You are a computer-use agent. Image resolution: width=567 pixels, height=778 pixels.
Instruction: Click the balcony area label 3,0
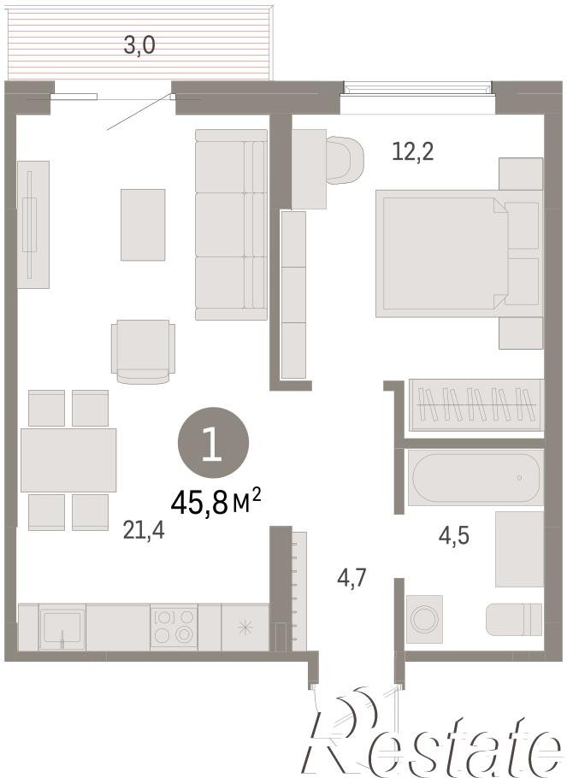click(x=139, y=45)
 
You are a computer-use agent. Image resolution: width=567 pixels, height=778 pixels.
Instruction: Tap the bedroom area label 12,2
click(x=412, y=150)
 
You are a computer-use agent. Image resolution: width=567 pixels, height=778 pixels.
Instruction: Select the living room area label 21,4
click(x=144, y=530)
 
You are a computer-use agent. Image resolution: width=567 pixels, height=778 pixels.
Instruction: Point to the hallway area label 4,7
click(x=351, y=578)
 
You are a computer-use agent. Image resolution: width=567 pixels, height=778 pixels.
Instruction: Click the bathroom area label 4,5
click(x=454, y=536)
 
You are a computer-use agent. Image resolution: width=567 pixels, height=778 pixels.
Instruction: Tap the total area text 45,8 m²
click(x=216, y=501)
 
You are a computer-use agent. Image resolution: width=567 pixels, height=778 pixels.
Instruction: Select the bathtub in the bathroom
click(x=475, y=478)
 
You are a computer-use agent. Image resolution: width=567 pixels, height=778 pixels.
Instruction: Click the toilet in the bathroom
click(x=514, y=619)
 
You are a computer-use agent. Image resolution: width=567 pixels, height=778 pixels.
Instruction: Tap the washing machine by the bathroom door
click(x=424, y=619)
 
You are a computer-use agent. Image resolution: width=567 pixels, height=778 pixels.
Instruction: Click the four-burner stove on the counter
click(x=174, y=626)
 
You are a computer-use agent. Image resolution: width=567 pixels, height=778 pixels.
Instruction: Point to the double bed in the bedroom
click(x=458, y=253)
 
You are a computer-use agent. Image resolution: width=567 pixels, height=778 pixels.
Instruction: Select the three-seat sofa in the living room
click(x=232, y=225)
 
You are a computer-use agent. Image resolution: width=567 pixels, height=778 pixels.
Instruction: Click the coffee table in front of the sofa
click(x=143, y=225)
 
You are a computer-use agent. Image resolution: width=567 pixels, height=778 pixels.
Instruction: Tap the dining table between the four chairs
click(x=68, y=460)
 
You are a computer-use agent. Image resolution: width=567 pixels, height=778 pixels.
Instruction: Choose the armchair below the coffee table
click(x=143, y=351)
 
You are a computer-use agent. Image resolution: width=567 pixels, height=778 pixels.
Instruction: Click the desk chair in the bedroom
click(x=345, y=160)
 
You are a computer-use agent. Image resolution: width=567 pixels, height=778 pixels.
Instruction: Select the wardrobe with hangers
click(x=475, y=405)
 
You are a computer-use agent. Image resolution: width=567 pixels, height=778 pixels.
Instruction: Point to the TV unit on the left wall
click(x=33, y=224)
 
